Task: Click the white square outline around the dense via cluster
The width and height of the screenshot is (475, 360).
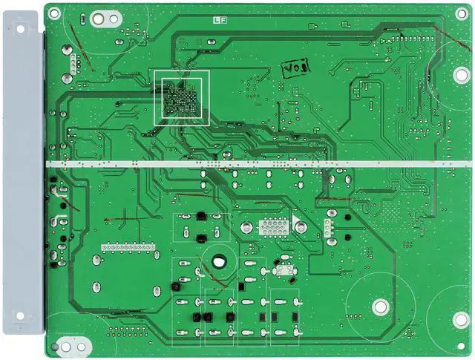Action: (182, 97)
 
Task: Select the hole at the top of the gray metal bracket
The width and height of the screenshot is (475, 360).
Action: (20, 30)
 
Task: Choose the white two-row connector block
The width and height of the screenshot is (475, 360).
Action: (274, 227)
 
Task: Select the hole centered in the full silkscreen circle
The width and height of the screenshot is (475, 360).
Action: (381, 306)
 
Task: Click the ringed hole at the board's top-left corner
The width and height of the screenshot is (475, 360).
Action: (54, 12)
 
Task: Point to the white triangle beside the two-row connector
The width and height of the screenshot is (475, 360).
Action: (297, 223)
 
